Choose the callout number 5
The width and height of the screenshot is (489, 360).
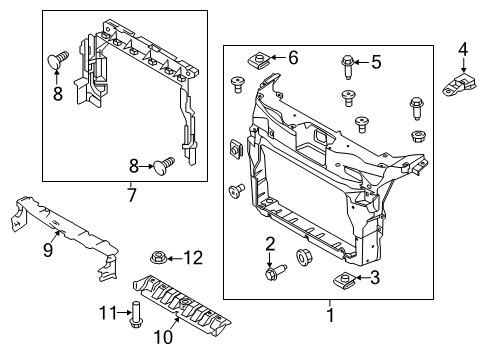[376, 62]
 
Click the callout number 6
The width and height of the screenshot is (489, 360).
[293, 58]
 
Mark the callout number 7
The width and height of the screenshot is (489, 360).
[131, 195]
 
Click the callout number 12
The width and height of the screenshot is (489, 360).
[193, 258]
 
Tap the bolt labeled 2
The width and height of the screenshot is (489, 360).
[272, 268]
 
